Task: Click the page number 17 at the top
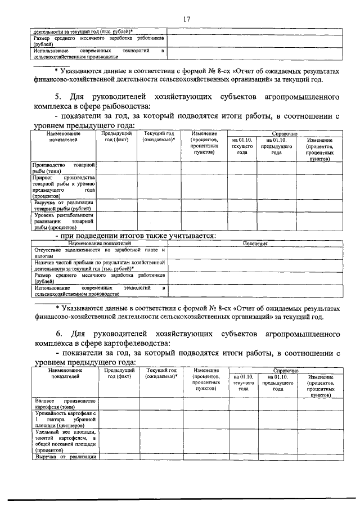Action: (x=186, y=20)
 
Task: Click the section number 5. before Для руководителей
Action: (x=58, y=97)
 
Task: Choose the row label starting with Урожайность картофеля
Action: (x=65, y=419)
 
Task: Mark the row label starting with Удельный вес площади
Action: (x=65, y=441)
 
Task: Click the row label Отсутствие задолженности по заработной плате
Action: (x=99, y=252)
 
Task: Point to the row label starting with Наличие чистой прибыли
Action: (x=99, y=265)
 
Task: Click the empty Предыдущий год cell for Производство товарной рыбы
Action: (x=118, y=168)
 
